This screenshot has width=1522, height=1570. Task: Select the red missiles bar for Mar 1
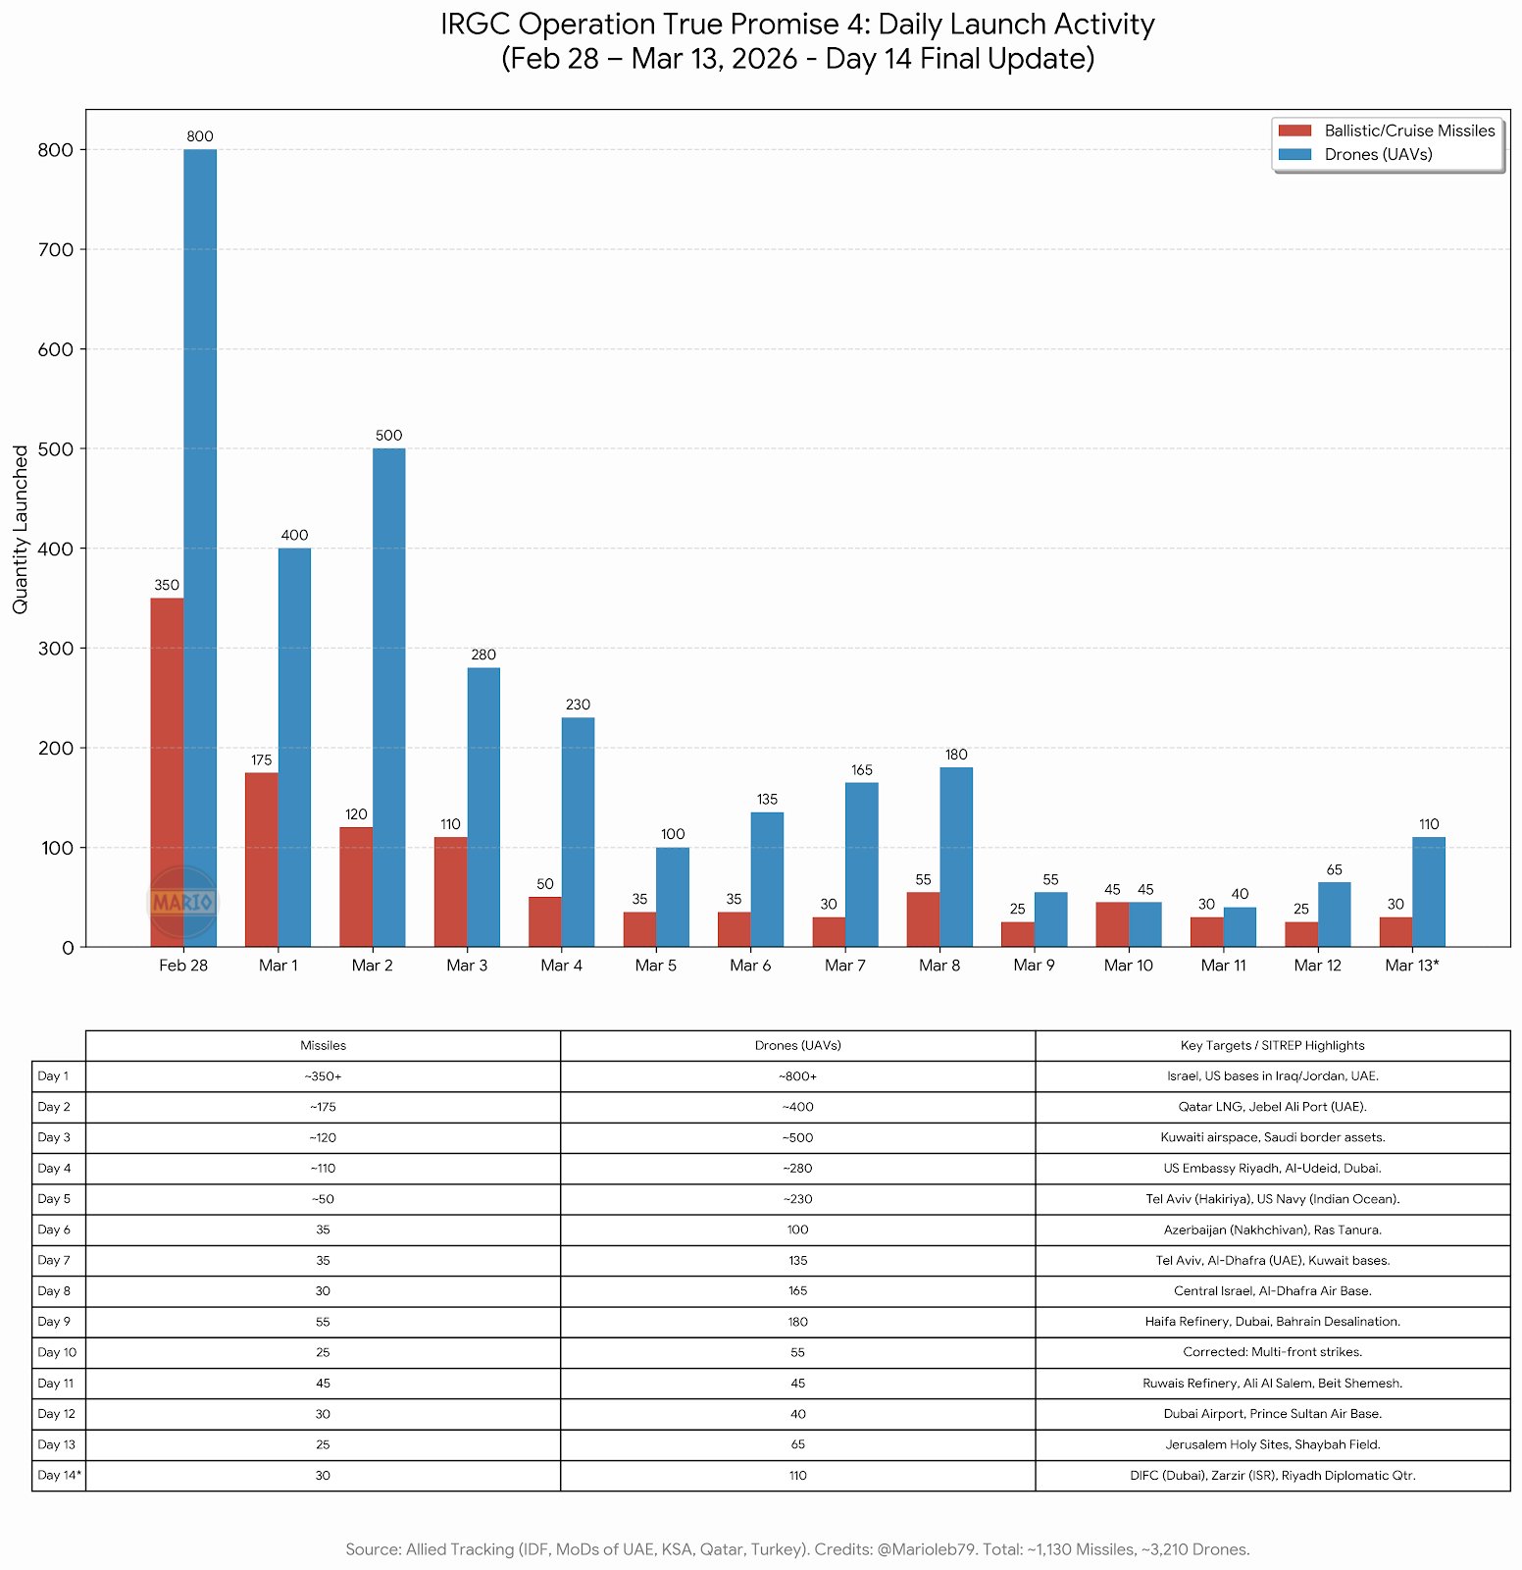point(262,860)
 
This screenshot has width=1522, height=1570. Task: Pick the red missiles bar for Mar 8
point(923,919)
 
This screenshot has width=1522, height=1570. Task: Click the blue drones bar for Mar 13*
point(1429,892)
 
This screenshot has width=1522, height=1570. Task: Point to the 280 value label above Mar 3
point(483,654)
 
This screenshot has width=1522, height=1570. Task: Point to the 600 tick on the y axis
point(56,349)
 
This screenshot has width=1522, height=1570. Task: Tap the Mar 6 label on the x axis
point(750,966)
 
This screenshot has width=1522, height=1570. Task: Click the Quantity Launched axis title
point(21,529)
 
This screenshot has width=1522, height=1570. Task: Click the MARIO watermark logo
point(182,902)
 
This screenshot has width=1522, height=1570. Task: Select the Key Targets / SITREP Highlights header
point(1272,1046)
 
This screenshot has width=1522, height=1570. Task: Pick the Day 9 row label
point(54,1322)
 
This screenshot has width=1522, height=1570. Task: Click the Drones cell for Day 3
point(797,1138)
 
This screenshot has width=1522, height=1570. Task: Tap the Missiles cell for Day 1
point(323,1076)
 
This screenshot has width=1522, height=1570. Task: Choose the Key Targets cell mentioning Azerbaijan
point(1272,1230)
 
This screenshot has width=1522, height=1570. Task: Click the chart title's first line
point(797,25)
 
